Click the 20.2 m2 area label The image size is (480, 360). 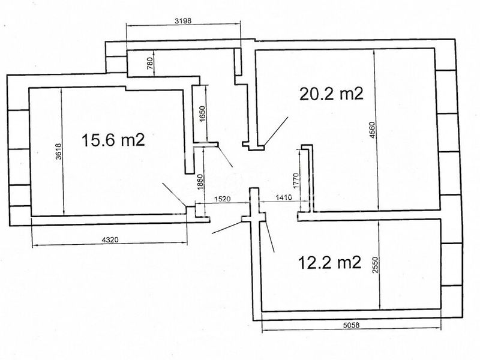[x=331, y=94]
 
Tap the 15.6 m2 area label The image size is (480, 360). [x=113, y=140]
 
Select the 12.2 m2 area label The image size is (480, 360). [x=329, y=262]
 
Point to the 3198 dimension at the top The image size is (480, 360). [x=183, y=21]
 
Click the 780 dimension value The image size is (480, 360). [x=151, y=64]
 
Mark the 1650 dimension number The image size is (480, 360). [x=203, y=114]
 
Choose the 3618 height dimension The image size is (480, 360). [x=58, y=151]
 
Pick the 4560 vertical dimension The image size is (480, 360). [x=372, y=130]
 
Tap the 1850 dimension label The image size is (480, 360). [x=200, y=182]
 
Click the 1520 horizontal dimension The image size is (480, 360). [x=222, y=199]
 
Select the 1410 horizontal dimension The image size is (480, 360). [x=284, y=197]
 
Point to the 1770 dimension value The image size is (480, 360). [x=295, y=181]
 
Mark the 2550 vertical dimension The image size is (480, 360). [x=376, y=265]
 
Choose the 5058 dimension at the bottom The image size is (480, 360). [x=351, y=325]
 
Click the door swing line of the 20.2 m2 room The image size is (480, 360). [x=276, y=131]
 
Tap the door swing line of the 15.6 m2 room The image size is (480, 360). [x=174, y=194]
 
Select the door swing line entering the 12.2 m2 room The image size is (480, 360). [x=269, y=236]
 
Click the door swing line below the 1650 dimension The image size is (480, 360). [x=225, y=157]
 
